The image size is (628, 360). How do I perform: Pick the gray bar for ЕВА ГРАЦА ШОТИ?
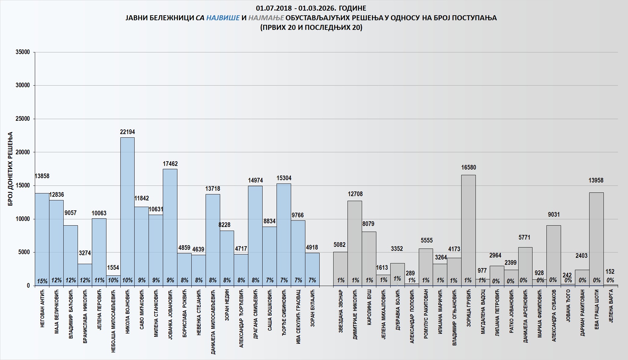[x=596, y=239]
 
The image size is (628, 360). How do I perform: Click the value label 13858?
[x=42, y=176]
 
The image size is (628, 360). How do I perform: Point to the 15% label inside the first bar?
[x=42, y=281]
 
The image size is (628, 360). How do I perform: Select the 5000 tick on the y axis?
[x=24, y=252]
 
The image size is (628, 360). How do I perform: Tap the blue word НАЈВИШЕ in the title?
[x=223, y=18]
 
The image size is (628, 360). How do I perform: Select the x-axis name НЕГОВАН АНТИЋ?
[x=42, y=308]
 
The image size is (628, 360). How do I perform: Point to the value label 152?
[x=610, y=272]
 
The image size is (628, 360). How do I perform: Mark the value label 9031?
[x=554, y=215]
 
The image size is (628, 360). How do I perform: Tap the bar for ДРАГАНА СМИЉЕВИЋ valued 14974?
[x=255, y=236]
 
